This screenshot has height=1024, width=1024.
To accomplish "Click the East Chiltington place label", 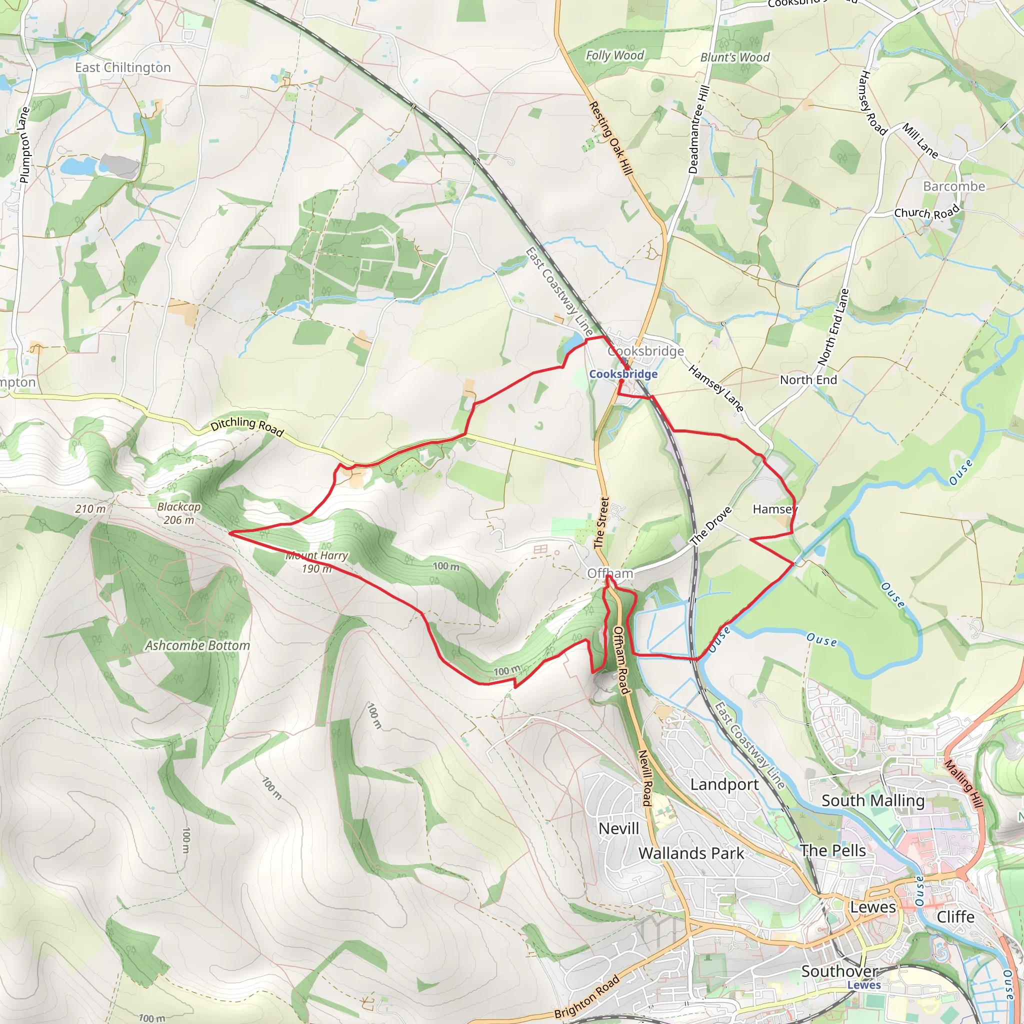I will pyautogui.click(x=123, y=68).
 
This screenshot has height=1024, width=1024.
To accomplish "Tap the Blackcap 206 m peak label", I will pyautogui.click(x=179, y=513).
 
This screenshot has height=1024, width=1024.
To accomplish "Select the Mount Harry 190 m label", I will pyautogui.click(x=316, y=562).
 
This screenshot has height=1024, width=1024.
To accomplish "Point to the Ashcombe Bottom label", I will pyautogui.click(x=197, y=645).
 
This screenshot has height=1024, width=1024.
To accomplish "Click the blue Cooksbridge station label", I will pyautogui.click(x=623, y=374).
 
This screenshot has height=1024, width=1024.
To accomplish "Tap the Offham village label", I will pyautogui.click(x=610, y=573).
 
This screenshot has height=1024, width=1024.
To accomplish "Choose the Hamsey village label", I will pyautogui.click(x=774, y=509).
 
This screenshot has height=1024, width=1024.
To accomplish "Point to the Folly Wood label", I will pyautogui.click(x=615, y=55).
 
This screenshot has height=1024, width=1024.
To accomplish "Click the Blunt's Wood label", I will pyautogui.click(x=734, y=57).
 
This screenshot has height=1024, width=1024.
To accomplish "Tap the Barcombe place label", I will pyautogui.click(x=954, y=186).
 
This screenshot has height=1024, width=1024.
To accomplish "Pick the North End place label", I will pyautogui.click(x=808, y=380).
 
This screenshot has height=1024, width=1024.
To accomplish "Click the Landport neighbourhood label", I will pyautogui.click(x=724, y=784).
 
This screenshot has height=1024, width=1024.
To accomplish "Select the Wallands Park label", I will pyautogui.click(x=691, y=853).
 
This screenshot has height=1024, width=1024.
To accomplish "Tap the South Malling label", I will pyautogui.click(x=873, y=800).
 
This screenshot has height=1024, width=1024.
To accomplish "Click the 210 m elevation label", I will pyautogui.click(x=90, y=509).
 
